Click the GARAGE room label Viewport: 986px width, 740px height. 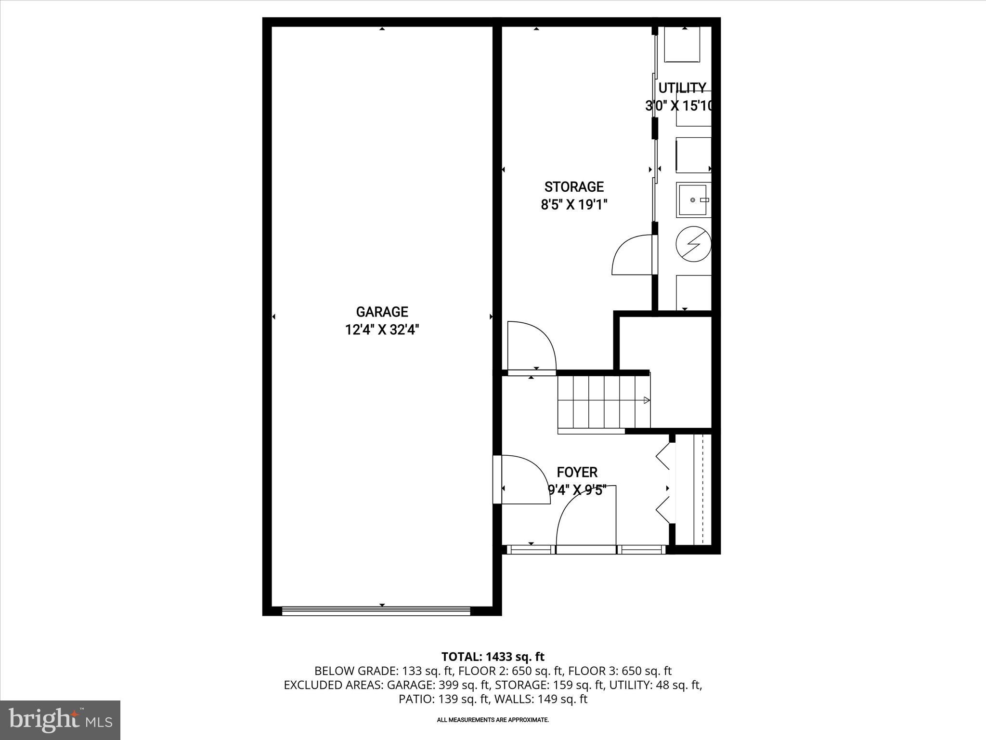[382, 312]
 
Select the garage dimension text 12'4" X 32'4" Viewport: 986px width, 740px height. [382, 330]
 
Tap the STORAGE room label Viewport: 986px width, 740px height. [574, 186]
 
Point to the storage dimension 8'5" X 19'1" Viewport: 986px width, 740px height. [574, 205]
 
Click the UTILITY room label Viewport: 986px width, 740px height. [682, 88]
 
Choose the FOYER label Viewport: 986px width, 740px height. [577, 472]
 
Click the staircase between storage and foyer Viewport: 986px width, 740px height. [604, 402]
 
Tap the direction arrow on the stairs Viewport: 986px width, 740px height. [646, 400]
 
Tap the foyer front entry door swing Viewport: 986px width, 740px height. [586, 518]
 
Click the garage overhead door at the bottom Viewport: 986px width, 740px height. [376, 611]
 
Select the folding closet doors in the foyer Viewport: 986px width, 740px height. [663, 489]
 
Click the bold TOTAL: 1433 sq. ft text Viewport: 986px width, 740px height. [493, 657]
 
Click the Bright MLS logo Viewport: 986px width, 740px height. [60, 720]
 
